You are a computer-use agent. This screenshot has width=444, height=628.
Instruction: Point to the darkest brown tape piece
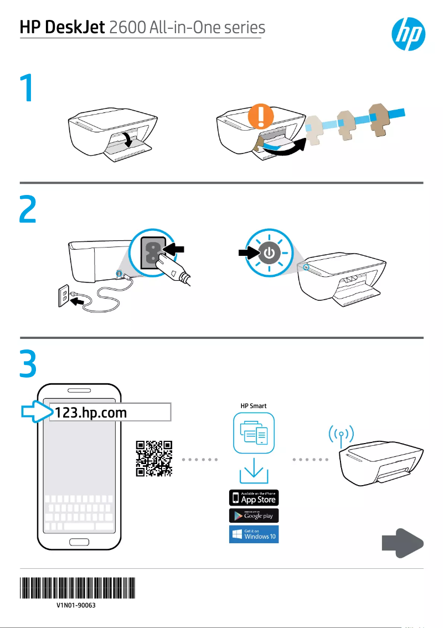pos(380,118)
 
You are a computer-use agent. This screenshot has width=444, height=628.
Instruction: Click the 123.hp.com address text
pos(90,413)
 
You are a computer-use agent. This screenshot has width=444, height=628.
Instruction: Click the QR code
pos(154,459)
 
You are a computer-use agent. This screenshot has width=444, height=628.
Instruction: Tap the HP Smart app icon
pos(254,434)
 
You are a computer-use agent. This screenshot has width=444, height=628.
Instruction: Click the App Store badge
pos(254,497)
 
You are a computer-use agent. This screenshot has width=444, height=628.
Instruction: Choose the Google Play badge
pos(254,516)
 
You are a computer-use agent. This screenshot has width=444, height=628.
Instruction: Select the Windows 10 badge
pos(254,534)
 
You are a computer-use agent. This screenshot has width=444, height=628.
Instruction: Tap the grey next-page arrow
pos(402,544)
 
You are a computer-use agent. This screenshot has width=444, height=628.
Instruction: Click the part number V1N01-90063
pos(76,606)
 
